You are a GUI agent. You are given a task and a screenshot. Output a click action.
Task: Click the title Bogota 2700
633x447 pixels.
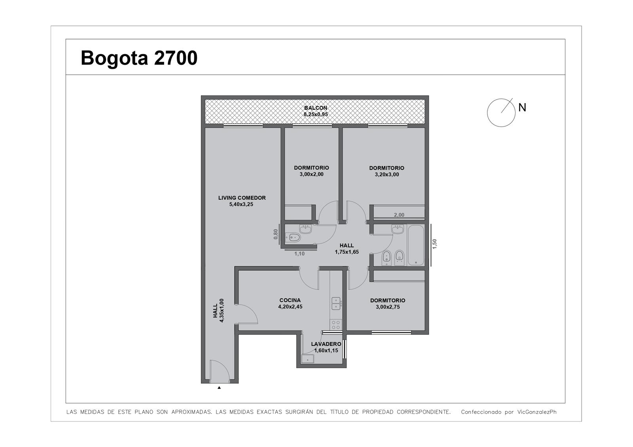pyautogui.click(x=139, y=58)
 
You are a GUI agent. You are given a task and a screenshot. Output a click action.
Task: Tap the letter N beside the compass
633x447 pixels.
pyautogui.click(x=522, y=108)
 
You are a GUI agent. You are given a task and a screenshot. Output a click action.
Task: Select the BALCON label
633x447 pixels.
pyautogui.click(x=316, y=108)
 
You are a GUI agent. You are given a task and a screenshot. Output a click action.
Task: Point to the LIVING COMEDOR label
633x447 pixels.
pyautogui.click(x=242, y=198)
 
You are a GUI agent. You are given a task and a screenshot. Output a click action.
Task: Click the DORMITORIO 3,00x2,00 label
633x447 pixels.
pyautogui.click(x=311, y=171)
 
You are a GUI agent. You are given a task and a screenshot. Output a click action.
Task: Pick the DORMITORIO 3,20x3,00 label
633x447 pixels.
pyautogui.click(x=387, y=171)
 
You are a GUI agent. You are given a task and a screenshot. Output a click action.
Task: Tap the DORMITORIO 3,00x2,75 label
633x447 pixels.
pyautogui.click(x=388, y=304)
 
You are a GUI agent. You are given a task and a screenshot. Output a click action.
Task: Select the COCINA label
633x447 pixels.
pyautogui.click(x=290, y=300)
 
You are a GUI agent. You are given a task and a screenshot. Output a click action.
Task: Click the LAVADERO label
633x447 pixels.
pyautogui.click(x=326, y=344)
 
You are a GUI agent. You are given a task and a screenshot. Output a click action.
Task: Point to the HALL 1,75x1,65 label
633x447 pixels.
pyautogui.click(x=347, y=249)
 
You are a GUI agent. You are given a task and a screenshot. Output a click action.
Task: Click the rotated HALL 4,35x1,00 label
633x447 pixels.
pyautogui.click(x=218, y=311)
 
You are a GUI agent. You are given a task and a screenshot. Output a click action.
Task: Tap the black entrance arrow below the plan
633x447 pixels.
pyautogui.click(x=219, y=388)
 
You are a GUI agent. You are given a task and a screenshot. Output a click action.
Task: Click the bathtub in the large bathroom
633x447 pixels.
pyautogui.click(x=416, y=245)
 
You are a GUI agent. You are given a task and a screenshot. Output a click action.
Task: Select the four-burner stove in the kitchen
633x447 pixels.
pyautogui.click(x=336, y=325)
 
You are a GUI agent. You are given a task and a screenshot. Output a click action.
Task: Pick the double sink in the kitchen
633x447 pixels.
pyautogui.click(x=336, y=304)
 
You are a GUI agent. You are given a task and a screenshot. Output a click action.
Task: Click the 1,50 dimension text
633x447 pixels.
pyautogui.click(x=435, y=244)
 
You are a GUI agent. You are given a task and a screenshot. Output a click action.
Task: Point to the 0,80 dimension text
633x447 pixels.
pyautogui.click(x=276, y=234)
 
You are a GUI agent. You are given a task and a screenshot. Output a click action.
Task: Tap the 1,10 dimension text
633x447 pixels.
pyautogui.click(x=299, y=254)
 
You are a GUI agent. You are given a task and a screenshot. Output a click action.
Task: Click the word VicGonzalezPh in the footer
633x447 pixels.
pyautogui.click(x=537, y=412)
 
